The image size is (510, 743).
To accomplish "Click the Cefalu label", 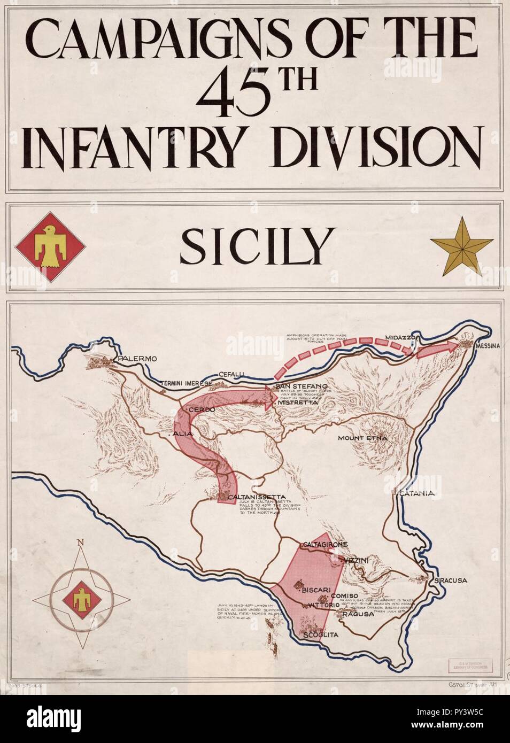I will click(231, 374).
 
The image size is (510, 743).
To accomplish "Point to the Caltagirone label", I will click(325, 545).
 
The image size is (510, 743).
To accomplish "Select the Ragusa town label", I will click(354, 614).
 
